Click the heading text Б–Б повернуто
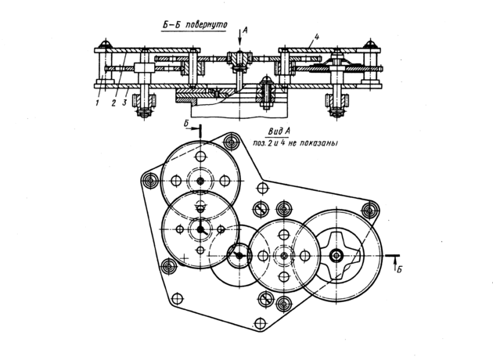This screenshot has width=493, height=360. point(195,26)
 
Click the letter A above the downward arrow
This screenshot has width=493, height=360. point(246,31)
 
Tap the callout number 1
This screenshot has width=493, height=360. point(98,103)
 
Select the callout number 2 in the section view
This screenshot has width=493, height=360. point(113,103)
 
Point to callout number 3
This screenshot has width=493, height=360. point(124,103)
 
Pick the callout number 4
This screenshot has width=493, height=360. point(317,37)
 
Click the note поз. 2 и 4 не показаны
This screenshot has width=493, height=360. point(295,143)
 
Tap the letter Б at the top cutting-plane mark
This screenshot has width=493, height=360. point(186,124)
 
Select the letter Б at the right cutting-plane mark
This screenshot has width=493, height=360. point(399,269)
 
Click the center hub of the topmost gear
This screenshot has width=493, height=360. point(200,181)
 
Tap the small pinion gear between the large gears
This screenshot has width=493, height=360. point(239,256)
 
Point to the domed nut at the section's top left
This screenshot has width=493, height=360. point(105,44)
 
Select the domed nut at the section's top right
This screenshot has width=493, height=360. point(371,44)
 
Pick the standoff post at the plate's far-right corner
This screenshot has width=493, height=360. point(370,210)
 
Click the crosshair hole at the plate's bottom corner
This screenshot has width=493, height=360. point(260,323)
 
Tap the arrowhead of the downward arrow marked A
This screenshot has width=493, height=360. point(239,44)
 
